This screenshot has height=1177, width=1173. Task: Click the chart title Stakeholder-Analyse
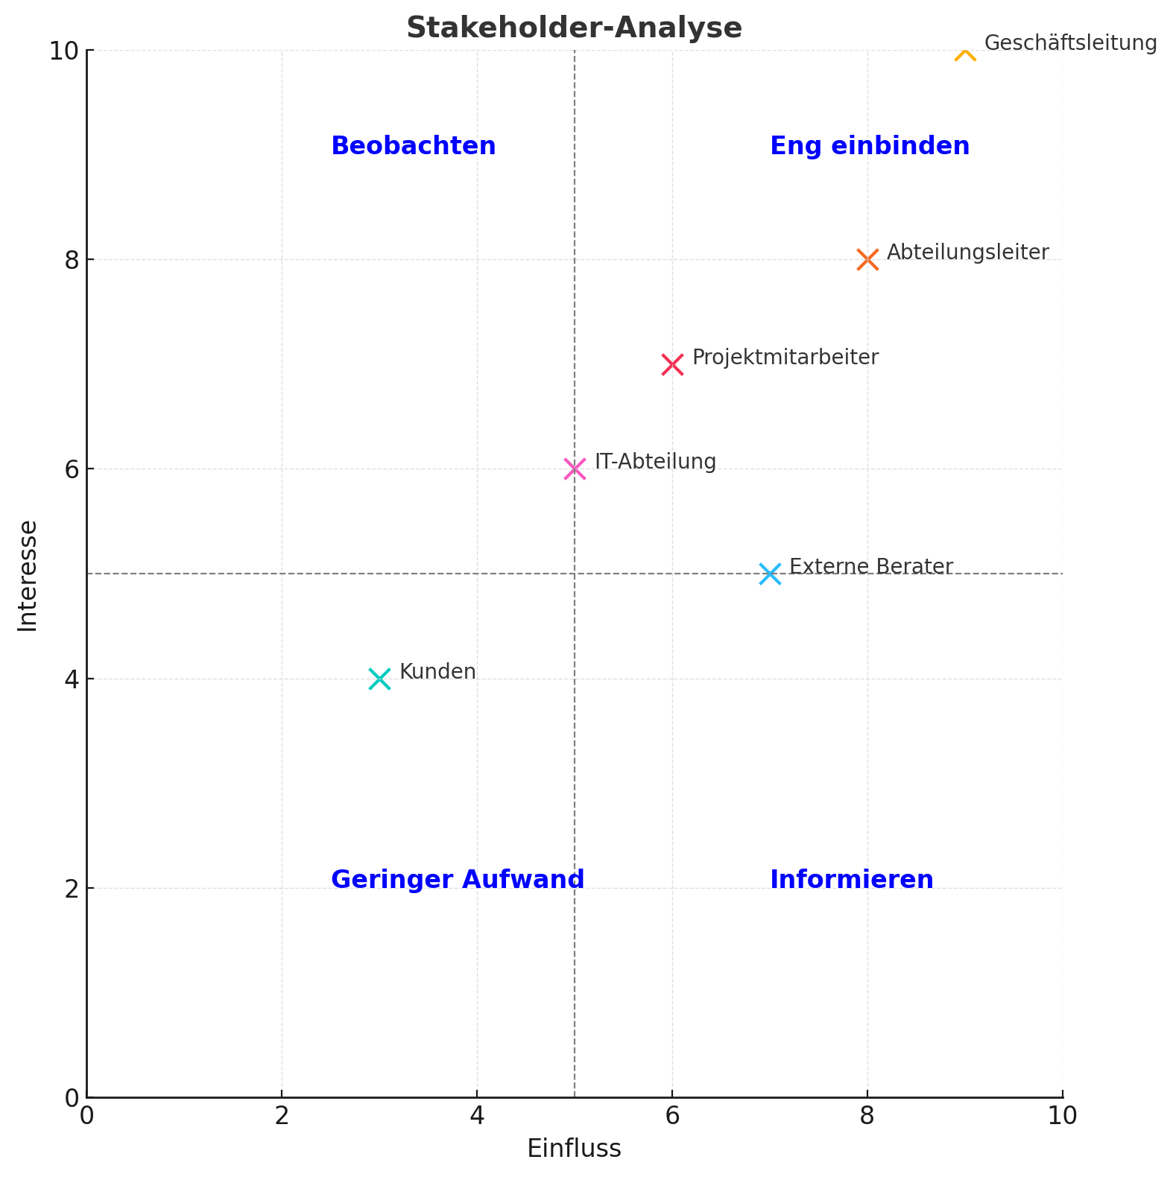[574, 28]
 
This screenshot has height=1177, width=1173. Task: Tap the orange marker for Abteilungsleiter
[867, 260]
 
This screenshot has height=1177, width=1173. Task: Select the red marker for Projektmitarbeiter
[672, 365]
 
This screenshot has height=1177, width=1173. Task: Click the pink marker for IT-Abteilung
[575, 469]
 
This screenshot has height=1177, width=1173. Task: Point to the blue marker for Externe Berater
[770, 574]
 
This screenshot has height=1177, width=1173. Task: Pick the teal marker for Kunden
[379, 679]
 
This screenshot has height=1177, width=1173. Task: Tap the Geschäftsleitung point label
[1070, 43]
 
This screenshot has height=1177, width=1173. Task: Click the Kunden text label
[437, 672]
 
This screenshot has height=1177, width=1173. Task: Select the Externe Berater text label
[870, 567]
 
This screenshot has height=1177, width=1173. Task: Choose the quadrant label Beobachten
[413, 146]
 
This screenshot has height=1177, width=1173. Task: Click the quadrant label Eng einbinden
[870, 146]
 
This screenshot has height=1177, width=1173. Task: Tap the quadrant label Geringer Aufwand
[457, 880]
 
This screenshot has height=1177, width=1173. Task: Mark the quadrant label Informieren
[851, 880]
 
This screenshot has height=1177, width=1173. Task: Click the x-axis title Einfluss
[574, 1149]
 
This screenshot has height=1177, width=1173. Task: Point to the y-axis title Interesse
[28, 575]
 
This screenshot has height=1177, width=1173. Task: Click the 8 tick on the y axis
[72, 261]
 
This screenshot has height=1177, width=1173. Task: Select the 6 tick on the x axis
[672, 1116]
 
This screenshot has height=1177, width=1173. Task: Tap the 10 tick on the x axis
[1062, 1116]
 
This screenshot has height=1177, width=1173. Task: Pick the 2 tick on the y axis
[72, 889]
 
